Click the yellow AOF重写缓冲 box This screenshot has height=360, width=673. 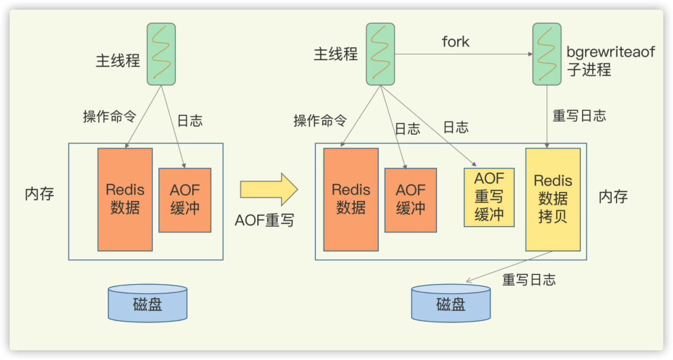pyautogui.click(x=489, y=197)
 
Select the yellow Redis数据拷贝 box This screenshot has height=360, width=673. pyautogui.click(x=552, y=199)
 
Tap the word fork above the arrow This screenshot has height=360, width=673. pyautogui.click(x=455, y=41)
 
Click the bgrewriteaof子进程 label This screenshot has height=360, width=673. pyautogui.click(x=611, y=61)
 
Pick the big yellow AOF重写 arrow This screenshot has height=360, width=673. pyautogui.click(x=268, y=189)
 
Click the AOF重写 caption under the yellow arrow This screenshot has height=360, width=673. pyautogui.click(x=264, y=220)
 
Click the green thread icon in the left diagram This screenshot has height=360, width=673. pyautogui.click(x=162, y=54)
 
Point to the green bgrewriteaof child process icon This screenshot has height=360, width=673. pyautogui.click(x=546, y=54)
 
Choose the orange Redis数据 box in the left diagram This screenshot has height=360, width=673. pyautogui.click(x=125, y=199)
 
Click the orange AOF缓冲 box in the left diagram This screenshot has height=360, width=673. pyautogui.click(x=185, y=200)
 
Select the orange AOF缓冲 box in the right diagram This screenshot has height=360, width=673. pyautogui.click(x=410, y=200)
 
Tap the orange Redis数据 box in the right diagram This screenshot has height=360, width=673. pyautogui.click(x=350, y=199)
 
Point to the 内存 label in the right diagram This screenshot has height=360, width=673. pyautogui.click(x=613, y=196)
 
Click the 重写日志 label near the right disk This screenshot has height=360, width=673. pyautogui.click(x=529, y=280)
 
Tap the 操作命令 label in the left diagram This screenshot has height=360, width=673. pyautogui.click(x=109, y=117)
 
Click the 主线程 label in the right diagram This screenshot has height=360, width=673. pyautogui.click(x=335, y=54)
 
